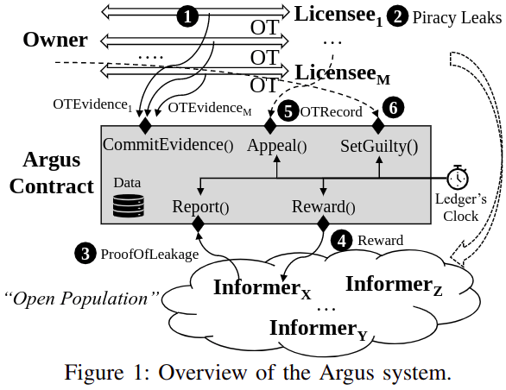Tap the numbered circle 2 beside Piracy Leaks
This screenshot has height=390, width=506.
(x=397, y=15)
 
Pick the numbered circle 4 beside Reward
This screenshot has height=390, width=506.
(x=345, y=241)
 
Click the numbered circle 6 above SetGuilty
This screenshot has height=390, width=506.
(x=393, y=109)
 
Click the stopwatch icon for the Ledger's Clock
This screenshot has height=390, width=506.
(x=458, y=177)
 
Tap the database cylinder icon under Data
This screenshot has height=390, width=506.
(x=126, y=205)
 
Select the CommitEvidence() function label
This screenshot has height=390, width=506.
(x=168, y=145)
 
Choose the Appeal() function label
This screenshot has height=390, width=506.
(x=276, y=146)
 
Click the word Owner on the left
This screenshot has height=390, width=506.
(x=55, y=40)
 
